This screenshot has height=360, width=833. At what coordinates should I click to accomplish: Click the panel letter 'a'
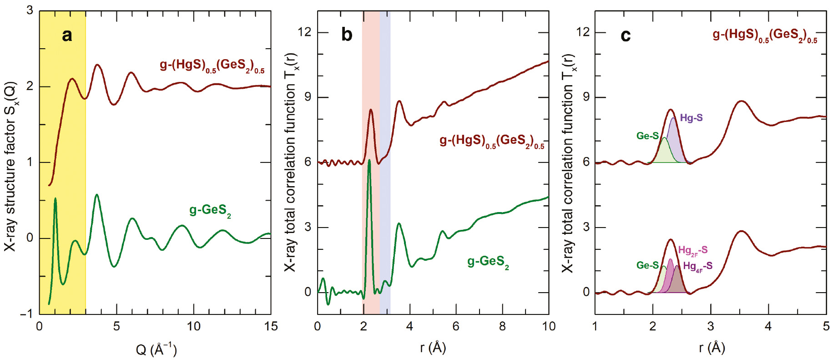(x=67, y=35)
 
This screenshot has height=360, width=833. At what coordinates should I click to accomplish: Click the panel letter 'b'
(x=347, y=35)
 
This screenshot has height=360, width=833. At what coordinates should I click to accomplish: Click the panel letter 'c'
(x=626, y=35)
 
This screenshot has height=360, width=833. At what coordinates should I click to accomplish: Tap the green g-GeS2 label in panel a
(x=210, y=210)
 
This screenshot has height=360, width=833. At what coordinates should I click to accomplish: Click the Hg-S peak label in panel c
(x=691, y=118)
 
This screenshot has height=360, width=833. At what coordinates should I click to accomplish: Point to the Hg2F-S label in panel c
(x=692, y=250)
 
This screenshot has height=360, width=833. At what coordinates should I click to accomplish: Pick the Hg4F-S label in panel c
(x=697, y=266)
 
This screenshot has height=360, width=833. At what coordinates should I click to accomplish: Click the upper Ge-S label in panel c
(x=647, y=136)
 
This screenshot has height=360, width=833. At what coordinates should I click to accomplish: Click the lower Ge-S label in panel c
(x=647, y=265)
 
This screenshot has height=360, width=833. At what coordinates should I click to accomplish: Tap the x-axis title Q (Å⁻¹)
(x=156, y=349)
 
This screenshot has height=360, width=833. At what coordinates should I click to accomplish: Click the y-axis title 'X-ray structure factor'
(x=10, y=166)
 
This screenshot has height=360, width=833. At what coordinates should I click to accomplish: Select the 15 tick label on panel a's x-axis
(x=271, y=326)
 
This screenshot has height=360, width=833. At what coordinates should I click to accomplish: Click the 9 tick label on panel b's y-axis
(x=308, y=97)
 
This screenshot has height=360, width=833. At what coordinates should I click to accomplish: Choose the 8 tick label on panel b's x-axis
(x=502, y=326)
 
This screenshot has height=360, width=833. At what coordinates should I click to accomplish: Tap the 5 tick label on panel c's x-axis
(x=826, y=326)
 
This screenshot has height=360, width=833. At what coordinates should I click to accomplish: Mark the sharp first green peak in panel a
(x=55, y=199)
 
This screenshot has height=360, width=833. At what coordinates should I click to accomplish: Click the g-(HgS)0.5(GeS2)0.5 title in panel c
(x=764, y=35)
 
